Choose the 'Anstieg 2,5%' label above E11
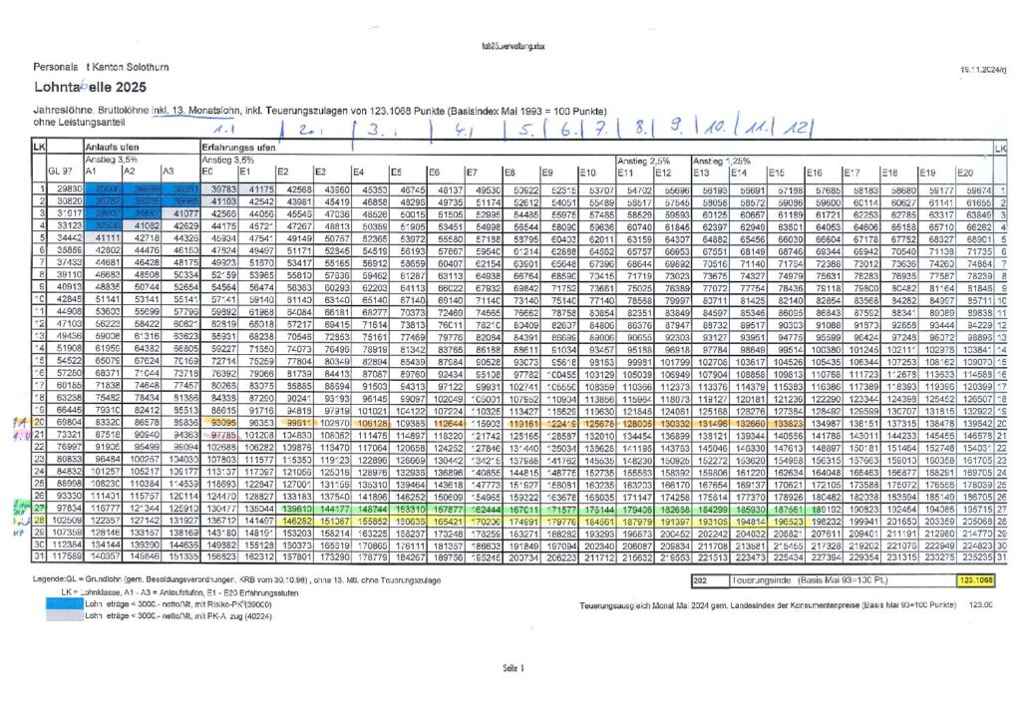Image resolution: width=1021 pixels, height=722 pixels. click(x=637, y=160)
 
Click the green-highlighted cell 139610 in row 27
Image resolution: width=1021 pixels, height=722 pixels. click(x=298, y=508)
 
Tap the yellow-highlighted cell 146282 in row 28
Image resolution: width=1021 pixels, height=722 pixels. click(x=298, y=520)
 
